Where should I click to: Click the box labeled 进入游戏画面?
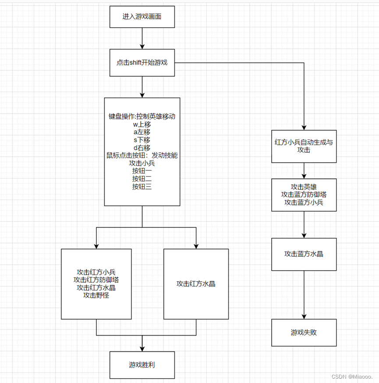tap(142, 17)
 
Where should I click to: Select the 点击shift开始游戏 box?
tap(142, 63)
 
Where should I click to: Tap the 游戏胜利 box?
tap(142, 365)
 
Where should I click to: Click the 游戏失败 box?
tap(304, 332)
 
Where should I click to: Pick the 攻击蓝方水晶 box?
tap(304, 254)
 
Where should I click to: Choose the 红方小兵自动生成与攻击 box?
tap(304, 146)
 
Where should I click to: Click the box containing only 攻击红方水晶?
tap(196, 283)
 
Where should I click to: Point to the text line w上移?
tap(142, 124)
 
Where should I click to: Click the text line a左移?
tap(142, 132)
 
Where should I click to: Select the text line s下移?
tap(142, 140)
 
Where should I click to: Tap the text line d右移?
tap(142, 147)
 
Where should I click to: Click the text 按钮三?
tap(142, 186)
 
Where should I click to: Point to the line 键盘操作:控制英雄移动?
tap(142, 117)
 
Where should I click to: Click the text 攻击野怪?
tap(96, 295)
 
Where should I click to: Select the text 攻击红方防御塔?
tap(96, 279)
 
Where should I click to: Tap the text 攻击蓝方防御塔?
tap(304, 194)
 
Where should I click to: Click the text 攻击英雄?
tap(304, 186)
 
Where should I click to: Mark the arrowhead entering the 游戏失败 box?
tap(304, 316)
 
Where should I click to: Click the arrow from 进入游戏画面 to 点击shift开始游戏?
tap(142, 38)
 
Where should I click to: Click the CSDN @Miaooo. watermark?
tap(352, 377)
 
